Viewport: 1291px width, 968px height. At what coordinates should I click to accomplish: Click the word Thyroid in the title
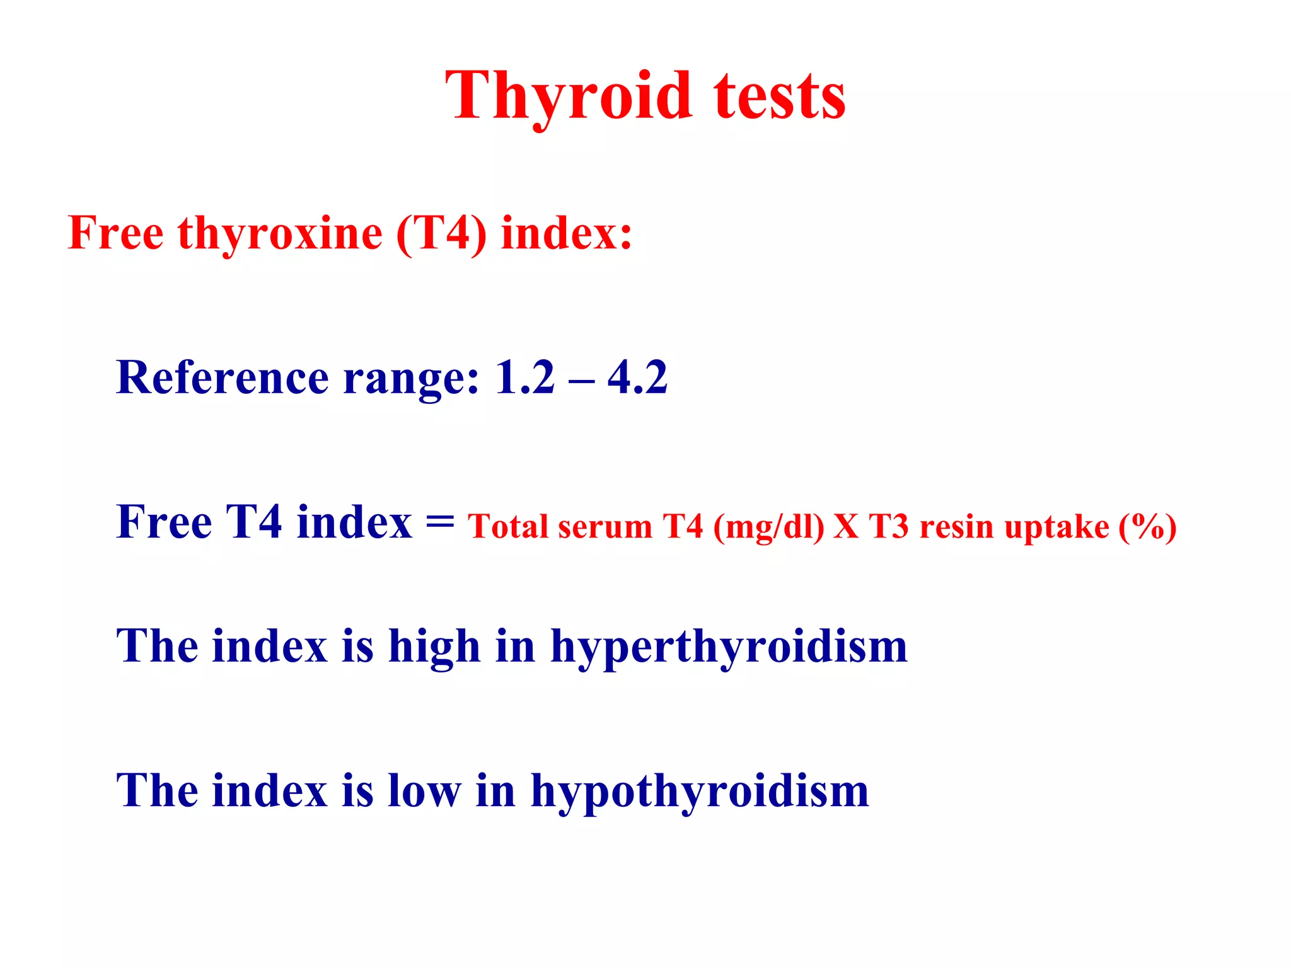[569, 96]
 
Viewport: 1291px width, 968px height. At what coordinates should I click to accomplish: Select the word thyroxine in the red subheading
[280, 233]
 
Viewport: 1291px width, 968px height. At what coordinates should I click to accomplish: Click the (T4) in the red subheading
[441, 233]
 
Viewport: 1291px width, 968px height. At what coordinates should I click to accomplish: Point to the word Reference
[222, 377]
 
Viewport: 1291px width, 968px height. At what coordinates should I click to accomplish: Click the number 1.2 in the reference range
[524, 377]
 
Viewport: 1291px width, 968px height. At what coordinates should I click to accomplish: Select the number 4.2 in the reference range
[637, 377]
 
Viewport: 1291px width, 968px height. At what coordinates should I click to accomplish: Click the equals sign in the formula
[439, 522]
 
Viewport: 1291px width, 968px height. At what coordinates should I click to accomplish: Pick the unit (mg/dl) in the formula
[768, 527]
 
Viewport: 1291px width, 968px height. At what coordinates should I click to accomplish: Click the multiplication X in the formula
[846, 527]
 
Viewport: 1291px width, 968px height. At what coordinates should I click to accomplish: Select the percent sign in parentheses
[1147, 527]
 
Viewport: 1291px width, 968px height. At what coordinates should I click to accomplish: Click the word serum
[605, 527]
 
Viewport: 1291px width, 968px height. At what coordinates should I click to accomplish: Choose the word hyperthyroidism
[729, 647]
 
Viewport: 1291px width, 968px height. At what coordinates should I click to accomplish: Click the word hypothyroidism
[700, 792]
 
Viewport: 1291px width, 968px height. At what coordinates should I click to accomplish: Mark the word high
[434, 647]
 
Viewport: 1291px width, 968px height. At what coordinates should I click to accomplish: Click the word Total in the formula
[507, 527]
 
